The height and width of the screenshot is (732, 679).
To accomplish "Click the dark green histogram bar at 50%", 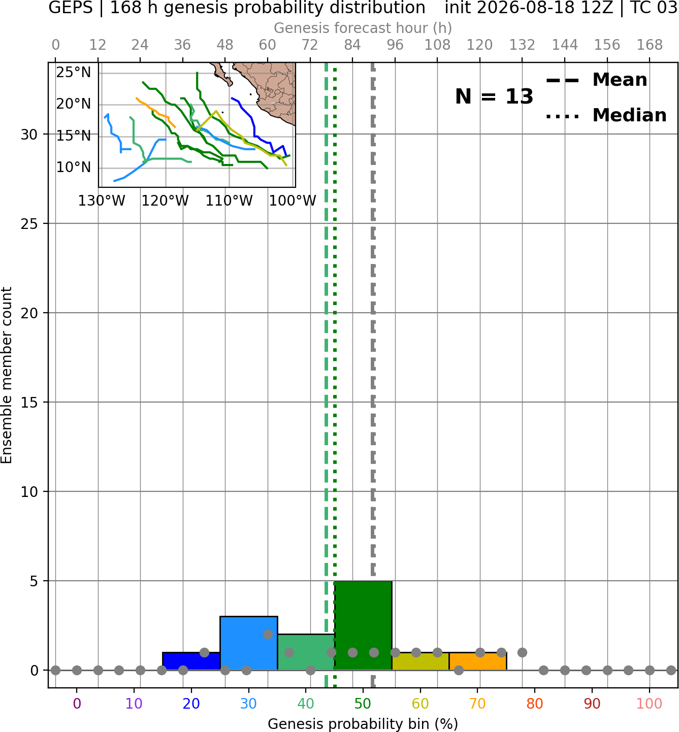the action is click(363, 625).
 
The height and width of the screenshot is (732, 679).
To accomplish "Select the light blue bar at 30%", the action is click(248, 643).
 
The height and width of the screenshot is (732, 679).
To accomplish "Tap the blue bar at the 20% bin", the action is click(191, 661).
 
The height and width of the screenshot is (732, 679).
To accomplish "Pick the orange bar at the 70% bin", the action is click(477, 661).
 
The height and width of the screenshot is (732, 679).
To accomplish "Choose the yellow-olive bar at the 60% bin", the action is click(421, 661).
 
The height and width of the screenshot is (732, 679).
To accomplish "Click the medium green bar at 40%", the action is click(306, 652).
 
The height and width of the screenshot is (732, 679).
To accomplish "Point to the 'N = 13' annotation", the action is click(494, 96).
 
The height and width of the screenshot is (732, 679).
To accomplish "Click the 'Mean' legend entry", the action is click(596, 80).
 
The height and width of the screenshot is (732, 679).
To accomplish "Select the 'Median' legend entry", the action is click(606, 115).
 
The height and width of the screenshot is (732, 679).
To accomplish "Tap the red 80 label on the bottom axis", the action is click(535, 704).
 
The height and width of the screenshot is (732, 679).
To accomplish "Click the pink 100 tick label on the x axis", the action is click(650, 704).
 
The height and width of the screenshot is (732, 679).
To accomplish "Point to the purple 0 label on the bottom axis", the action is click(77, 704).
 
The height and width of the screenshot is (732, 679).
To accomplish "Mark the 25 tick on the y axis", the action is click(29, 224).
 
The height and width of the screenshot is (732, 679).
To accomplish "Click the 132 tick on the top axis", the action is click(522, 45).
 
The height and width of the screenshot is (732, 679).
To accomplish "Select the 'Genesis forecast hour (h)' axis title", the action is click(363, 28).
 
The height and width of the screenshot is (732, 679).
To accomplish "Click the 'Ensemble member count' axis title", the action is click(7, 375).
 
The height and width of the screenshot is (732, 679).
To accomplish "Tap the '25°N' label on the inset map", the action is click(74, 73).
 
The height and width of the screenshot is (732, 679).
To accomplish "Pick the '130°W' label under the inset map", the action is click(102, 201).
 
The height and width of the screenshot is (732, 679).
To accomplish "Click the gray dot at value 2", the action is click(268, 635).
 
